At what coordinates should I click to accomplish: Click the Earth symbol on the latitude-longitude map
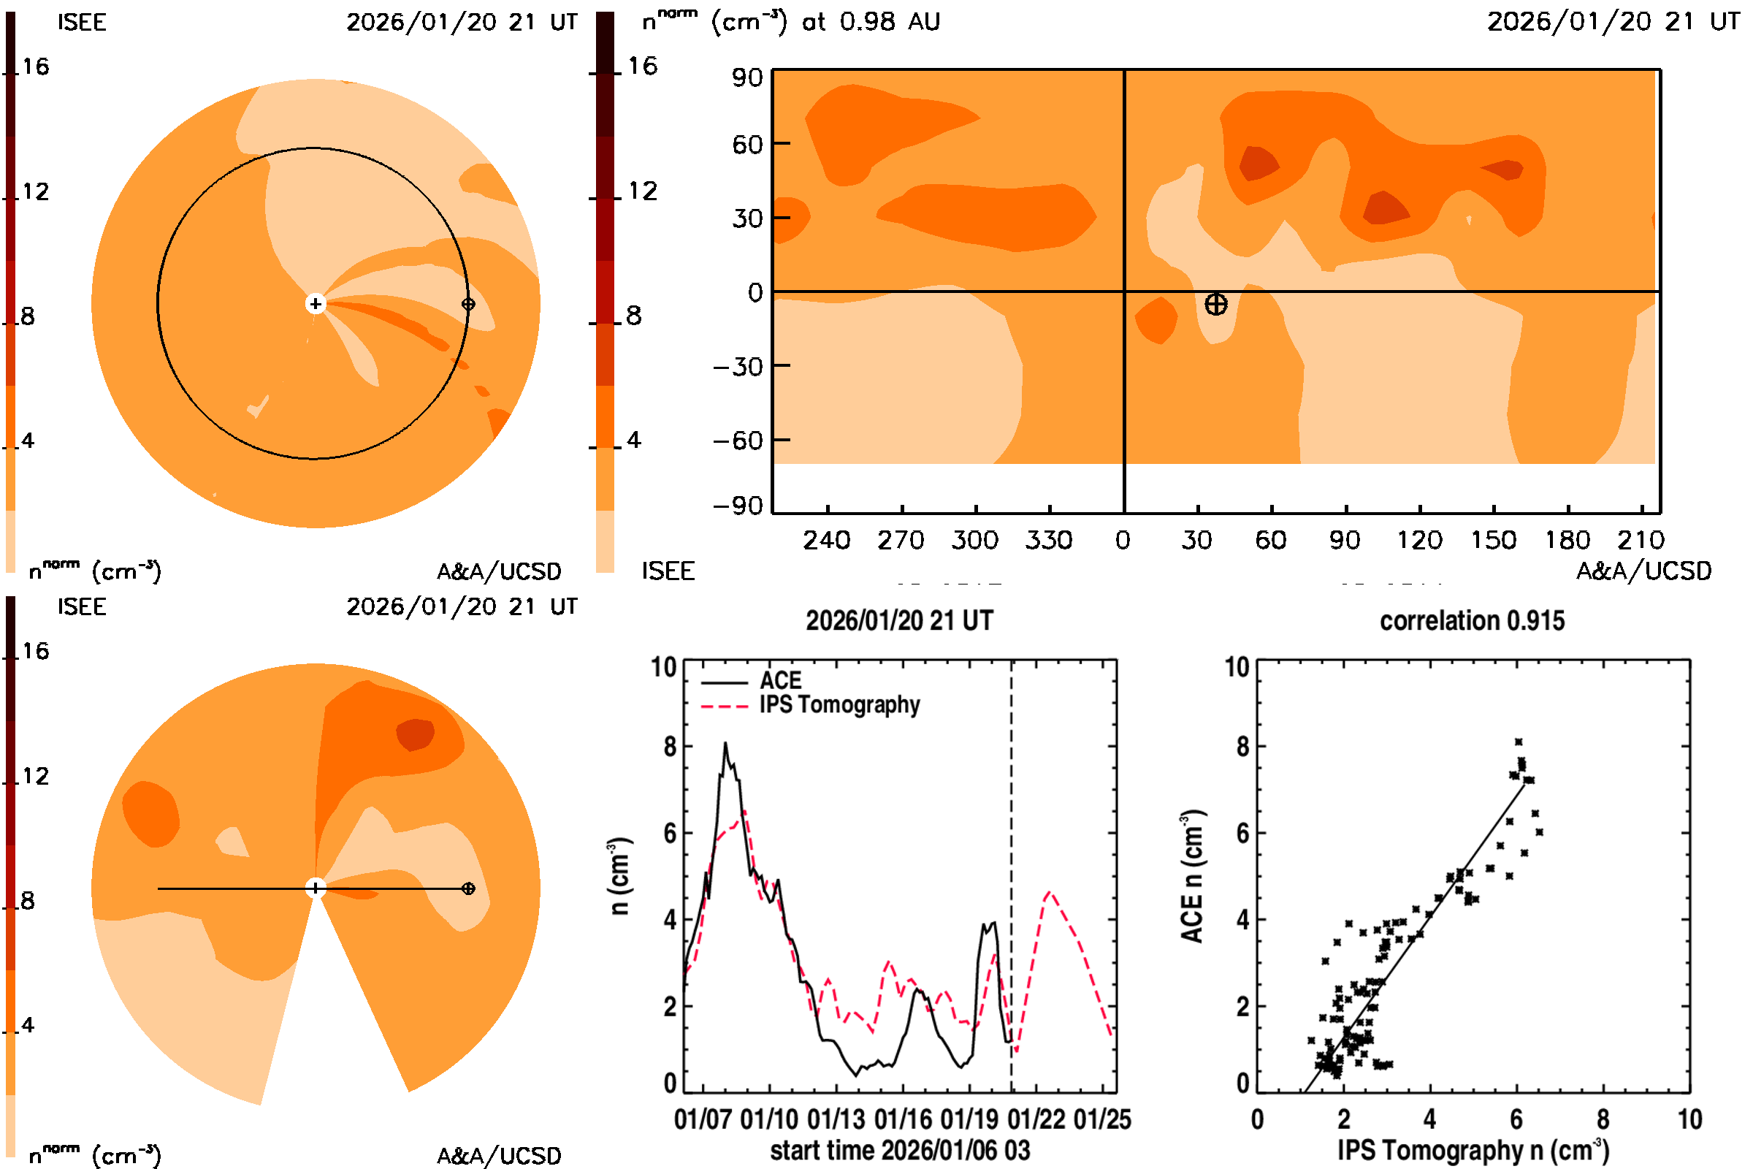click(1215, 304)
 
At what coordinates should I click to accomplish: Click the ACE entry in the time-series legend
click(779, 681)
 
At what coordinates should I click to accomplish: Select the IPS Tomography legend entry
click(839, 704)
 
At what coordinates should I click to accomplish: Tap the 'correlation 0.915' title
click(1471, 621)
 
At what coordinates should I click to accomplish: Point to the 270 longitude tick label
click(901, 540)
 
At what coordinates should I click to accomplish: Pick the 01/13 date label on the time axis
click(836, 1119)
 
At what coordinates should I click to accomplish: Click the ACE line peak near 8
click(725, 743)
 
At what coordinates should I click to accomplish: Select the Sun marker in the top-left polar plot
click(316, 303)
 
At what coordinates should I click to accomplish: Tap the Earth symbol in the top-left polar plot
click(468, 303)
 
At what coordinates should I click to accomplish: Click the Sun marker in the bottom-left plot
click(316, 888)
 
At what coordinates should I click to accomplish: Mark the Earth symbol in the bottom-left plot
click(468, 888)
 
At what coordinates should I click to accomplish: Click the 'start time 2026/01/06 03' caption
click(900, 1150)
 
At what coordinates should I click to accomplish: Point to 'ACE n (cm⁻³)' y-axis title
click(1192, 876)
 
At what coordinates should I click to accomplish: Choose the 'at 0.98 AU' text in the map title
click(871, 22)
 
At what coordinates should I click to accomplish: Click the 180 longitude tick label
click(1567, 540)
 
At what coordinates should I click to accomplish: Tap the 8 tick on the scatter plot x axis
click(1603, 1119)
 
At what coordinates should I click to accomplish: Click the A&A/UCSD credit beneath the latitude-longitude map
click(1643, 571)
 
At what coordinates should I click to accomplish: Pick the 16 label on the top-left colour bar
click(35, 66)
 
